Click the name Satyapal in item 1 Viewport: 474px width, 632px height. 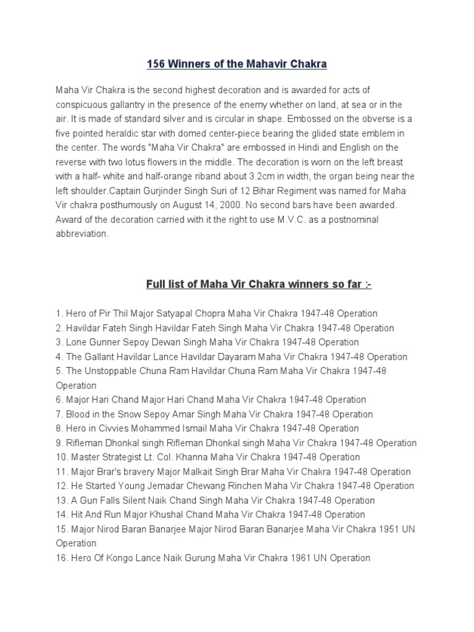coord(167,314)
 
